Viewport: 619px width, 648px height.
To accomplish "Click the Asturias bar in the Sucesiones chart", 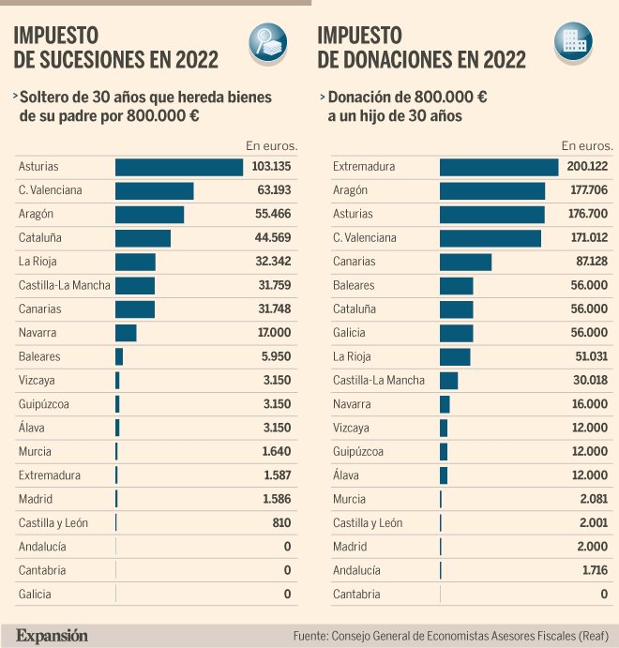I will click(179, 167).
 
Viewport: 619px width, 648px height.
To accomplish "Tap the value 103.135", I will click(272, 167).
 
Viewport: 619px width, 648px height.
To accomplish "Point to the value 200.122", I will click(587, 167).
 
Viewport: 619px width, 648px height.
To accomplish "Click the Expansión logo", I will click(52, 635).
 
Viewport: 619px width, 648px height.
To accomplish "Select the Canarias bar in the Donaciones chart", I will click(465, 262).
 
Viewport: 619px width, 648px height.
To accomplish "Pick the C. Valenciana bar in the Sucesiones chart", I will click(154, 190).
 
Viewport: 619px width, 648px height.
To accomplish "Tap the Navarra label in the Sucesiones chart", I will click(38, 333).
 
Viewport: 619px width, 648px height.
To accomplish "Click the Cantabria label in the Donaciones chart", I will click(356, 594).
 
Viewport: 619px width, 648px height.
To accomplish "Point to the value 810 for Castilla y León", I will click(280, 522).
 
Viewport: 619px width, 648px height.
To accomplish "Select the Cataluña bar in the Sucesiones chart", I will click(143, 238).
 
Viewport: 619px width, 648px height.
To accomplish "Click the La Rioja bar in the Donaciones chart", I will click(455, 356).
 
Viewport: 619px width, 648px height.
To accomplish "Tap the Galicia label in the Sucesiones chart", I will click(35, 594).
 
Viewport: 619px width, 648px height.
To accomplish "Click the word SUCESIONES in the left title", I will click(89, 61).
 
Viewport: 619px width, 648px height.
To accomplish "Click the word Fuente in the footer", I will click(310, 636).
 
